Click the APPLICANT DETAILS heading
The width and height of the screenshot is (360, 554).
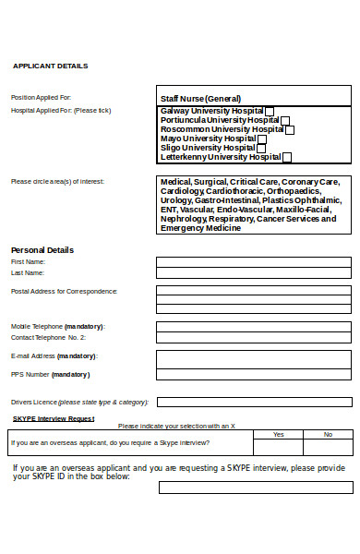[x=50, y=66]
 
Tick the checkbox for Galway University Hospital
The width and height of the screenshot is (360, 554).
[x=270, y=111]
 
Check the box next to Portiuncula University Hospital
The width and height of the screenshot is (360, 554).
[x=285, y=120]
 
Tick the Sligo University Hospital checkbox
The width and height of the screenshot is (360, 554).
[x=261, y=148]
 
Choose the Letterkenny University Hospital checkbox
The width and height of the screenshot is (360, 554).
[x=288, y=157]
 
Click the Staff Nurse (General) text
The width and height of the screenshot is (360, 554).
[x=200, y=98]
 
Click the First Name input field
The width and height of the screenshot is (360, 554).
[x=254, y=262]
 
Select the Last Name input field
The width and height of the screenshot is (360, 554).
[x=254, y=273]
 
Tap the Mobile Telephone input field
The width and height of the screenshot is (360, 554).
[x=254, y=326]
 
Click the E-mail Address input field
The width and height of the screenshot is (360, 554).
[x=254, y=355]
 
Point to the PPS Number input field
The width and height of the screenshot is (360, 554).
[x=254, y=374]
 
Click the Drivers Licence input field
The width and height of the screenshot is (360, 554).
[x=254, y=402]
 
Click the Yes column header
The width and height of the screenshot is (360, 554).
[x=279, y=434]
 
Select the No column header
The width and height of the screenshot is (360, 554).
[x=328, y=434]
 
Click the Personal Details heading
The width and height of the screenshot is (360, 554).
[x=42, y=250]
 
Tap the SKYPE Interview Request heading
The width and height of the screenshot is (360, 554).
[x=54, y=418]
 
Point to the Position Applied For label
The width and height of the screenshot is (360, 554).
[x=41, y=97]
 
